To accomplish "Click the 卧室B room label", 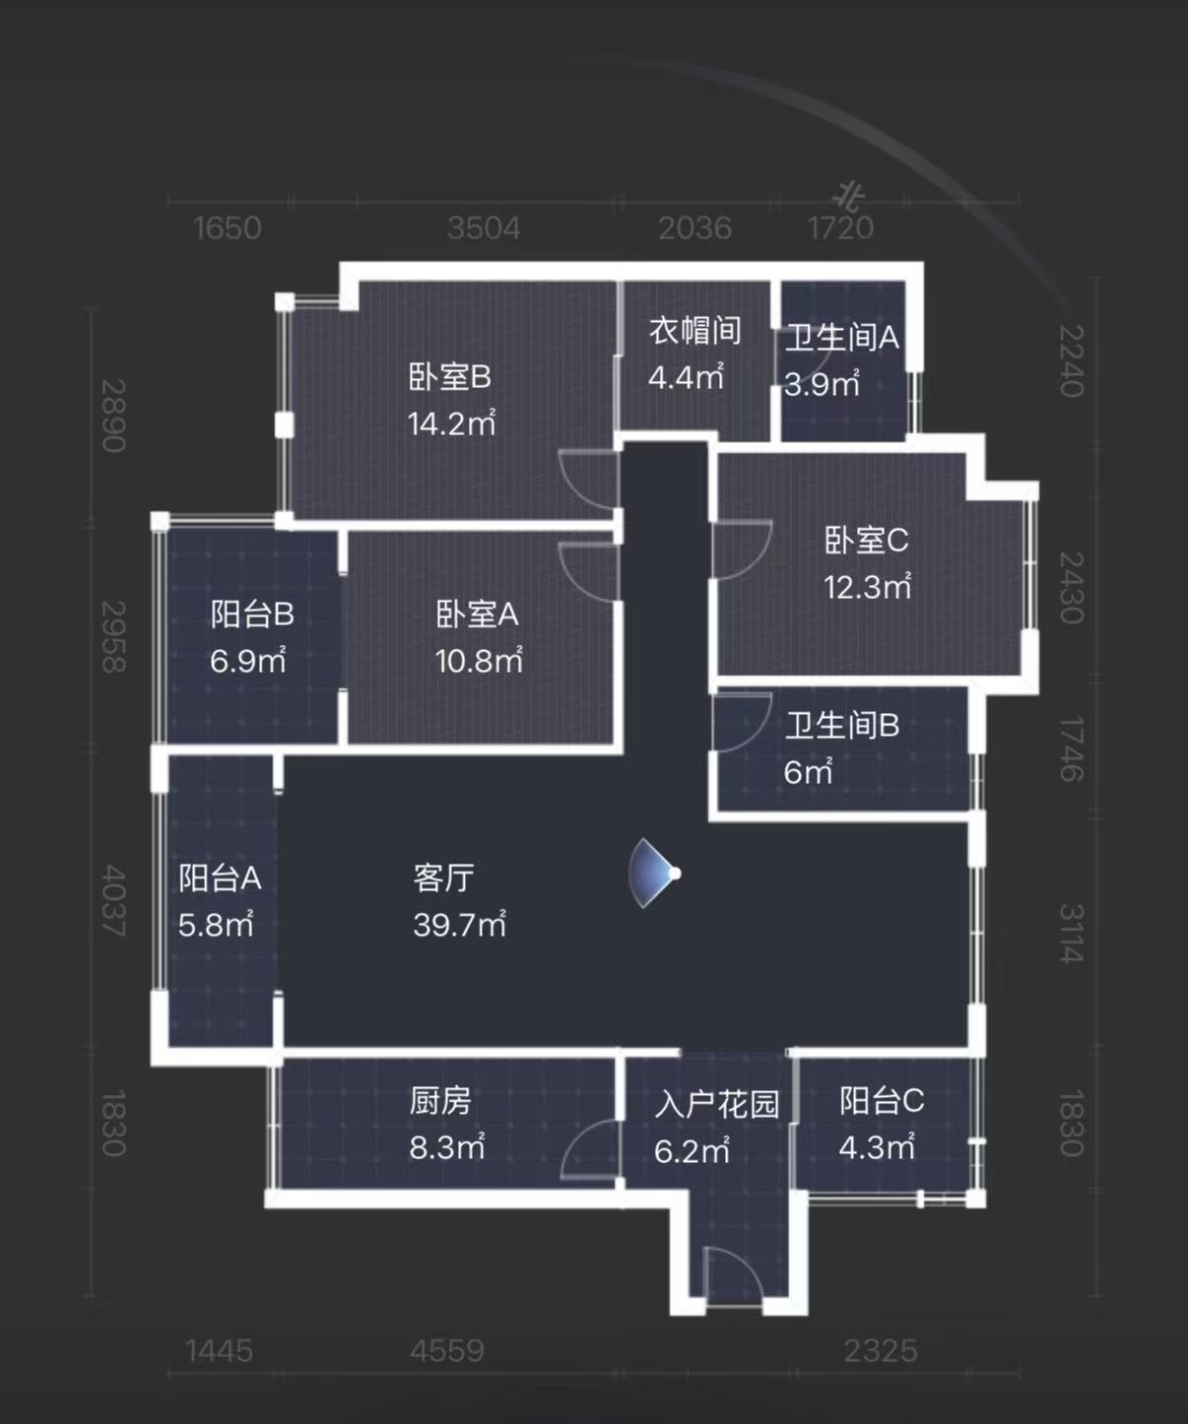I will coord(449,377).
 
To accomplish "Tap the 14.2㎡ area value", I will coord(451,423).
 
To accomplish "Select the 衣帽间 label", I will coord(694,331).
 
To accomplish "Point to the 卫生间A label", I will coord(841,338).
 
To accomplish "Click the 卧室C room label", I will coord(866,541).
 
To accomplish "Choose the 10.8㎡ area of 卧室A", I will coord(479,661).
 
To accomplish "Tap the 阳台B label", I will coord(252,615).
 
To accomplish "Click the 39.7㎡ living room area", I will coord(459,925).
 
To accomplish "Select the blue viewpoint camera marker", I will coord(655,874).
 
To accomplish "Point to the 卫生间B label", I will coord(841,726).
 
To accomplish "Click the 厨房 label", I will coord(440,1101).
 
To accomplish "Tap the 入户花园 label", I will coord(716,1104).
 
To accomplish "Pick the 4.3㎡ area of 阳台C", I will coord(877,1147).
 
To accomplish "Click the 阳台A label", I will coord(219,877).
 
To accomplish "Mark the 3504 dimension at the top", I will coord(483,228).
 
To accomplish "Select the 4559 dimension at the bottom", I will coord(447,1350).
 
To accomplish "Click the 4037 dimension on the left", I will coord(113,901).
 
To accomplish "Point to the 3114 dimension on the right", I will coord(1071,933).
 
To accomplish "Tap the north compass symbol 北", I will coord(851,196).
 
